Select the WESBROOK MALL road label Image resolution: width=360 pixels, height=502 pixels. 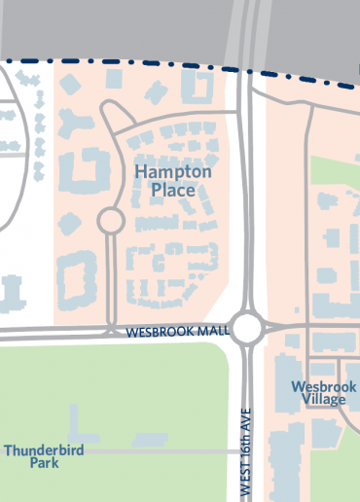(178, 333)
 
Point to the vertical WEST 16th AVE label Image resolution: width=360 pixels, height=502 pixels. (247, 451)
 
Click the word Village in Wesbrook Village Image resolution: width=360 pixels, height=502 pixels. (324, 399)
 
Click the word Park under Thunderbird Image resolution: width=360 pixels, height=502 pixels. (44, 463)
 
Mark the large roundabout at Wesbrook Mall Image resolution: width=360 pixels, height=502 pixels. (247, 328)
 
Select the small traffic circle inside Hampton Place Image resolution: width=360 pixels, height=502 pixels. (110, 221)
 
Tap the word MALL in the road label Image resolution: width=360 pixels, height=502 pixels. (211, 333)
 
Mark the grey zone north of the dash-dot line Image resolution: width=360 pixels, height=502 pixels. (117, 24)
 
